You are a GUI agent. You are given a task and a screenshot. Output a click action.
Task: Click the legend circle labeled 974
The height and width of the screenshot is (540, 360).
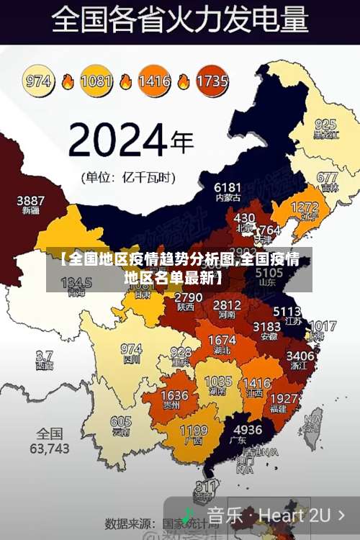tap(39, 81)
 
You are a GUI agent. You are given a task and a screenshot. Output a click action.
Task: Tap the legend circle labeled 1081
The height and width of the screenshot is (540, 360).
tap(96, 81)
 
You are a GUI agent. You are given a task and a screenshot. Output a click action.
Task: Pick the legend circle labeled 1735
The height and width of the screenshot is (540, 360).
tap(212, 81)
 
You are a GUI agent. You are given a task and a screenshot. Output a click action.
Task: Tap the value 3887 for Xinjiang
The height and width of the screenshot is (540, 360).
tap(31, 200)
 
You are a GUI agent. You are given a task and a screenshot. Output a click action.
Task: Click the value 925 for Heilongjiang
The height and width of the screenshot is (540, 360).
tap(325, 124)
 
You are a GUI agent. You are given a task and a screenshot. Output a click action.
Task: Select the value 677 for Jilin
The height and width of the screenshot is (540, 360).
tap(327, 177)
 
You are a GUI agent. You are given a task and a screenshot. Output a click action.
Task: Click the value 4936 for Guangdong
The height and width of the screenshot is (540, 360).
tap(248, 430)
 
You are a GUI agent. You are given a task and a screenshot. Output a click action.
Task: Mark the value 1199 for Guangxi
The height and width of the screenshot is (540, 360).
tap(193, 431)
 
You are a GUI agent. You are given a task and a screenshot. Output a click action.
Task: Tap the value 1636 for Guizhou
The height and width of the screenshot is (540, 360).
tap(174, 396)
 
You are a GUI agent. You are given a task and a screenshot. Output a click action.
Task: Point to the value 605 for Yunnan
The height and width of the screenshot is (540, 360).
tap(121, 421)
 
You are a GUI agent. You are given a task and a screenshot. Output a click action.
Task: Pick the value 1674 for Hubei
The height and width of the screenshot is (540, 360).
tap(221, 340)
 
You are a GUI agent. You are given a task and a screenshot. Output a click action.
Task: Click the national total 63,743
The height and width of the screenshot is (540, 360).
tap(50, 448)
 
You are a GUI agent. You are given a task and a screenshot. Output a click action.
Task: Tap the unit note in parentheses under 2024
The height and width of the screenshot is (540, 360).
tap(131, 176)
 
